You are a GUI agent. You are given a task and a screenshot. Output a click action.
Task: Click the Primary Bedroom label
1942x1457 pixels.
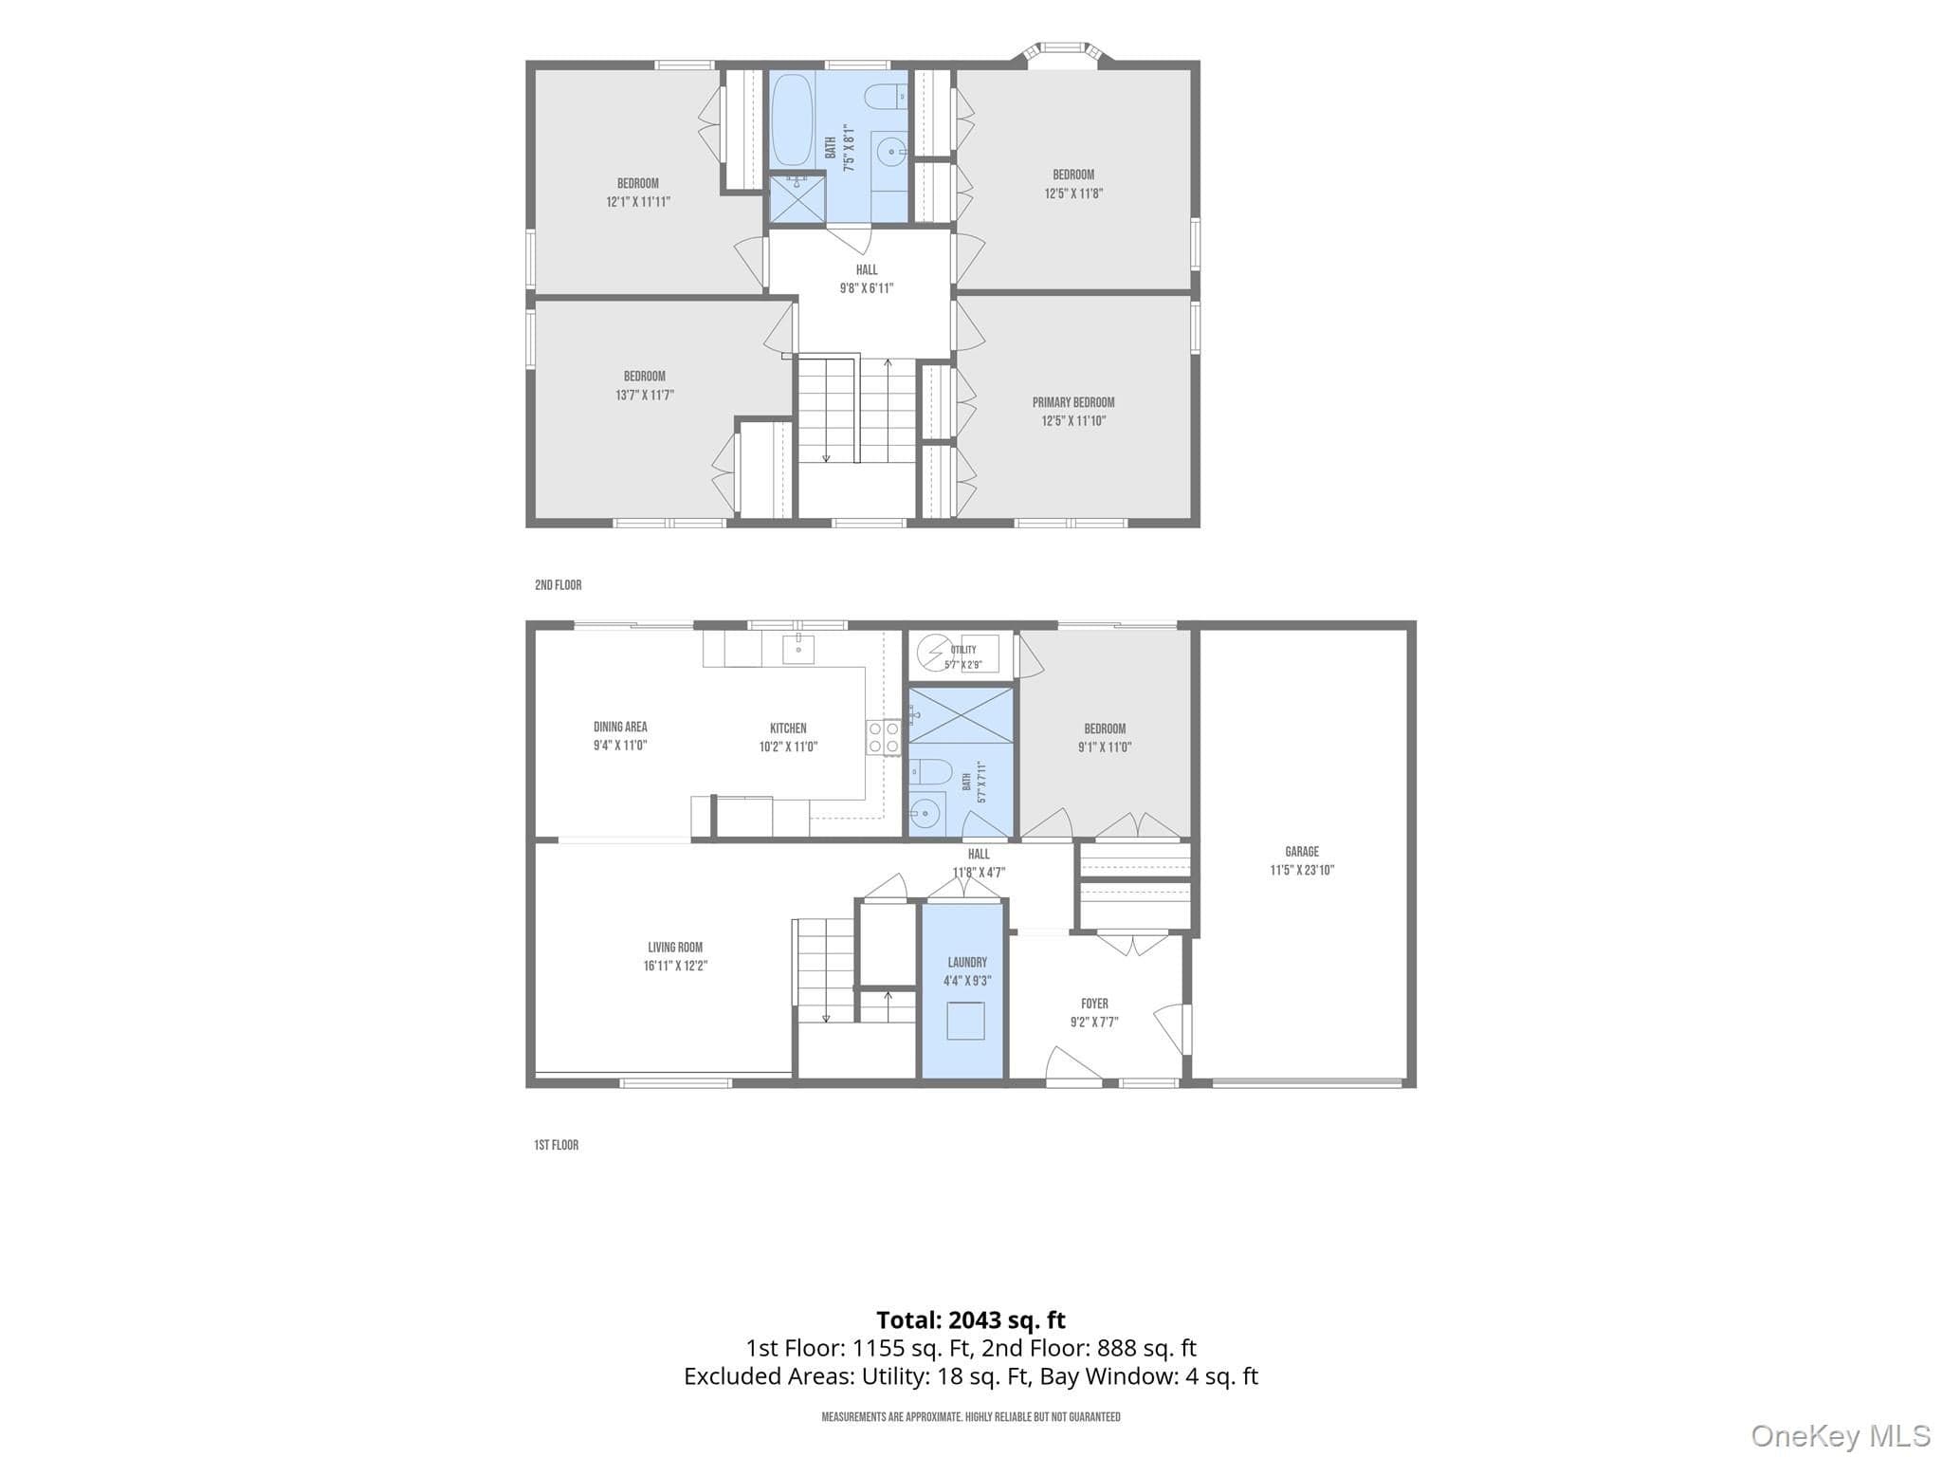[x=1073, y=402]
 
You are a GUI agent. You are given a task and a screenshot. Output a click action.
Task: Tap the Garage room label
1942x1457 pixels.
[x=1302, y=852]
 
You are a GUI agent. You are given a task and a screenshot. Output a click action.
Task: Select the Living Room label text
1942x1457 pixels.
[x=675, y=948]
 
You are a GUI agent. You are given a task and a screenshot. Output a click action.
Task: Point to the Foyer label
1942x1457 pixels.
[x=1094, y=1004]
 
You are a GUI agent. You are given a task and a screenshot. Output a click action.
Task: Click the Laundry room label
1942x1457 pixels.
[x=967, y=962]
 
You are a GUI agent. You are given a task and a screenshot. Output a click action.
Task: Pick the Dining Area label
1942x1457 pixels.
[x=620, y=728]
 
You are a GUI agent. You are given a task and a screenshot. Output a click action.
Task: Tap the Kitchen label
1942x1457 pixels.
[x=788, y=728]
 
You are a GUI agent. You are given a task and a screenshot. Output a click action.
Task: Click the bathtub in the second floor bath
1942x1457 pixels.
[x=793, y=120]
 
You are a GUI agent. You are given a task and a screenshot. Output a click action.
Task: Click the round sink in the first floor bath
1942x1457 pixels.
[x=925, y=813]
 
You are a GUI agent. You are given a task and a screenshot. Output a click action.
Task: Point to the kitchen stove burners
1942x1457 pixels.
[x=883, y=738]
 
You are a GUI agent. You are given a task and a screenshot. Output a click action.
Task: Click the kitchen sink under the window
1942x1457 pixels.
[x=798, y=650]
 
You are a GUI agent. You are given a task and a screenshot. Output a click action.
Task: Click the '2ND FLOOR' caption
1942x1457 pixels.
[x=558, y=585]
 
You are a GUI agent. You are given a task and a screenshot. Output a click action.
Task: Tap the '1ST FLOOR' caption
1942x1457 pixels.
[x=556, y=1145]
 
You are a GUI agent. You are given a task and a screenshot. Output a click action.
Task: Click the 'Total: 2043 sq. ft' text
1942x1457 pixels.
[x=970, y=1320]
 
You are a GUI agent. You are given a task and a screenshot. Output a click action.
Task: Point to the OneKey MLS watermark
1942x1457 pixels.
[x=1841, y=1436]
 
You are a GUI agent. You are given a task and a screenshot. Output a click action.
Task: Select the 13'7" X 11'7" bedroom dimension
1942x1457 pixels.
[x=644, y=396]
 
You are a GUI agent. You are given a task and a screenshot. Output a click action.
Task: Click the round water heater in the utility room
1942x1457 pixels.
[x=931, y=654]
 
